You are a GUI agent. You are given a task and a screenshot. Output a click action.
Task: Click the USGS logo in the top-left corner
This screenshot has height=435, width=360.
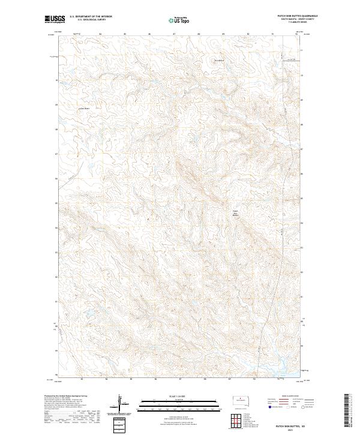(55, 19)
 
